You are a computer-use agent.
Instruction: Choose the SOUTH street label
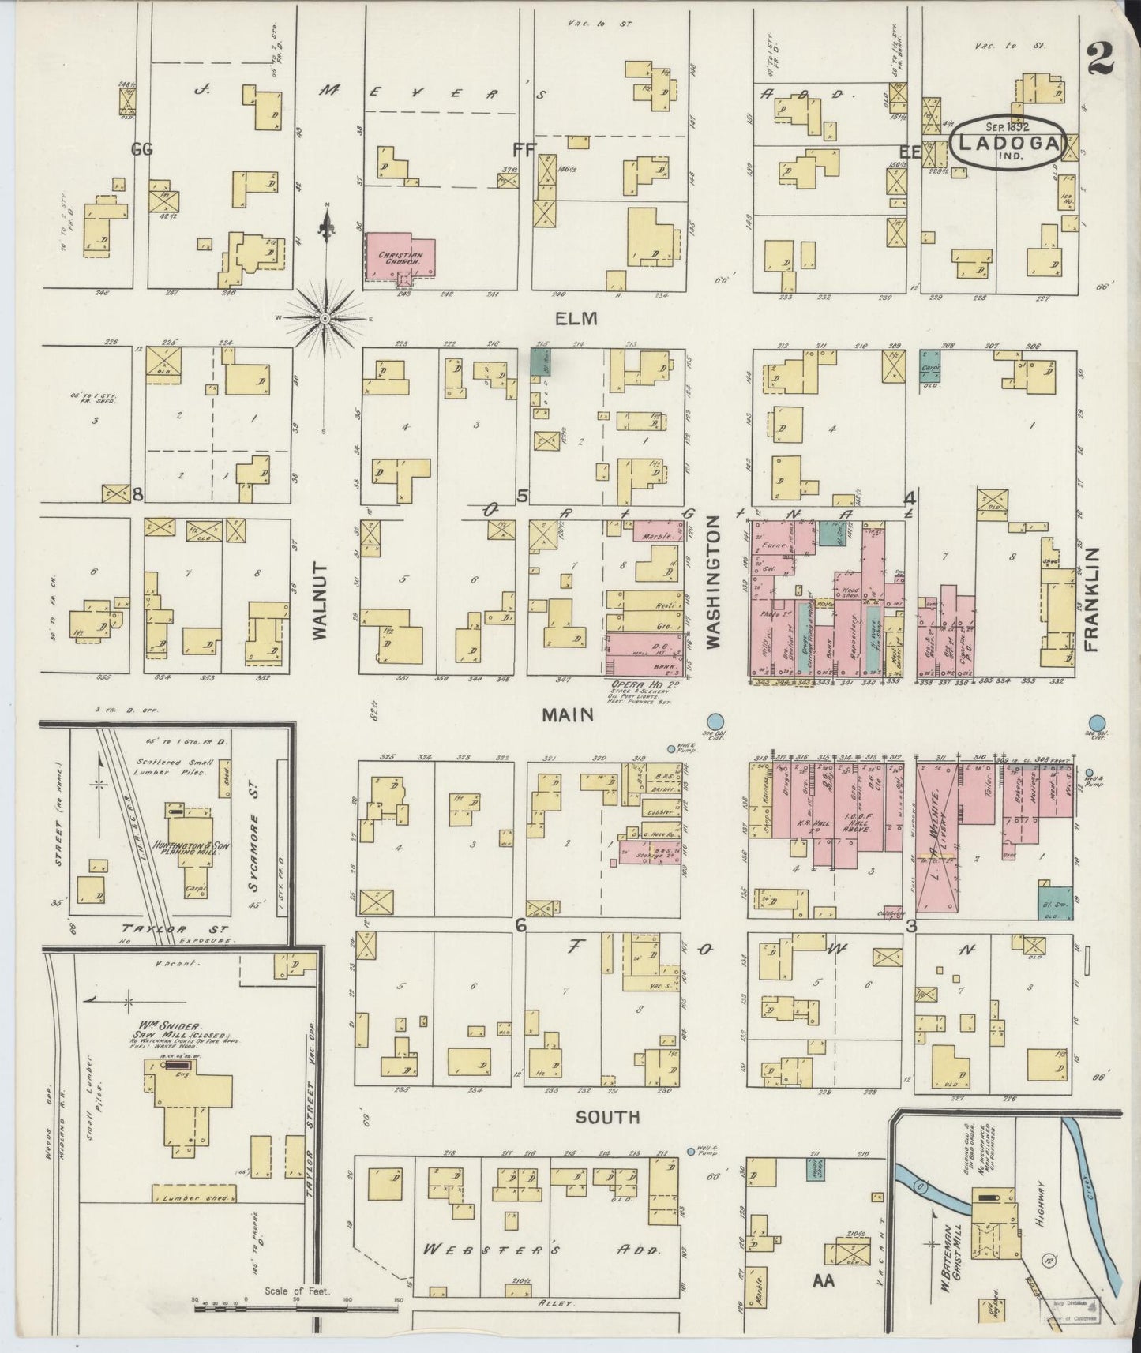coord(607,1118)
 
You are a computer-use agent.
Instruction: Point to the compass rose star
coord(325,317)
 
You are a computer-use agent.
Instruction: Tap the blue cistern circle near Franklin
coord(1097,722)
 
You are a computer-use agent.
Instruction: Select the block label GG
coord(143,148)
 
